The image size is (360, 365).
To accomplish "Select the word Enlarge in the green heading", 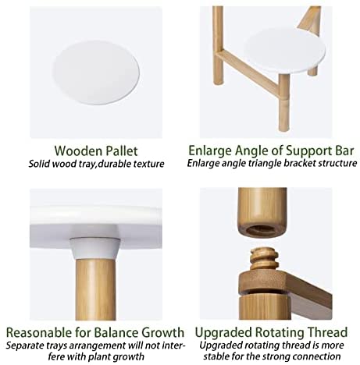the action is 210,151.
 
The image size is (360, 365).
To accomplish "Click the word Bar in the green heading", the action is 344,151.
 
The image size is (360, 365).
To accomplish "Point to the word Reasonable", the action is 39,333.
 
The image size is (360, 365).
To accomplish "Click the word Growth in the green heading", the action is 162,333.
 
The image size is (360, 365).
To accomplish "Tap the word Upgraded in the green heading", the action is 223,333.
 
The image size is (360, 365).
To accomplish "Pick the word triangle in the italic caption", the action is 264,164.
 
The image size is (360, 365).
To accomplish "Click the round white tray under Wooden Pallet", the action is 96,73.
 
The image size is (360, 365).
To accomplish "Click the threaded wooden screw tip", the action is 264,259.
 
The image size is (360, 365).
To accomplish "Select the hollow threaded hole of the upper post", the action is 262,230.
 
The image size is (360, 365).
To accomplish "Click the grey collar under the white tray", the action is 95,248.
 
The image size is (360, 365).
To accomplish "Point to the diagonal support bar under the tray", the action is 249,70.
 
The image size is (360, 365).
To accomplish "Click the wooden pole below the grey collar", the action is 95,289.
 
